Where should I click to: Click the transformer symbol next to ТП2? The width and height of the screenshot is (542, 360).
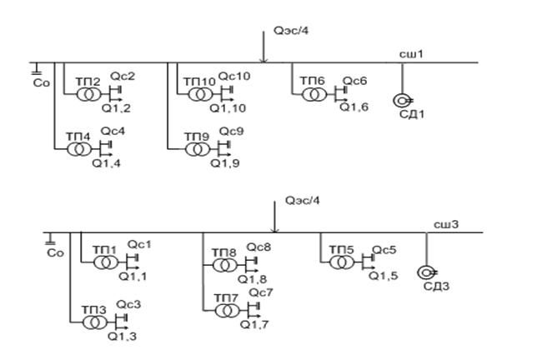point(88,94)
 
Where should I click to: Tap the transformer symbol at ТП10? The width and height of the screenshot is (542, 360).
point(198,94)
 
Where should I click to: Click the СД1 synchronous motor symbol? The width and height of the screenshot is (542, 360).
point(402,102)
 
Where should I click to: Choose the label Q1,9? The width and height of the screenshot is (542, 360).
point(225,162)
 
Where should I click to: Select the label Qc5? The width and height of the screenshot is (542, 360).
point(384,249)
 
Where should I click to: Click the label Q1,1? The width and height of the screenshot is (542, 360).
point(132,276)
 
